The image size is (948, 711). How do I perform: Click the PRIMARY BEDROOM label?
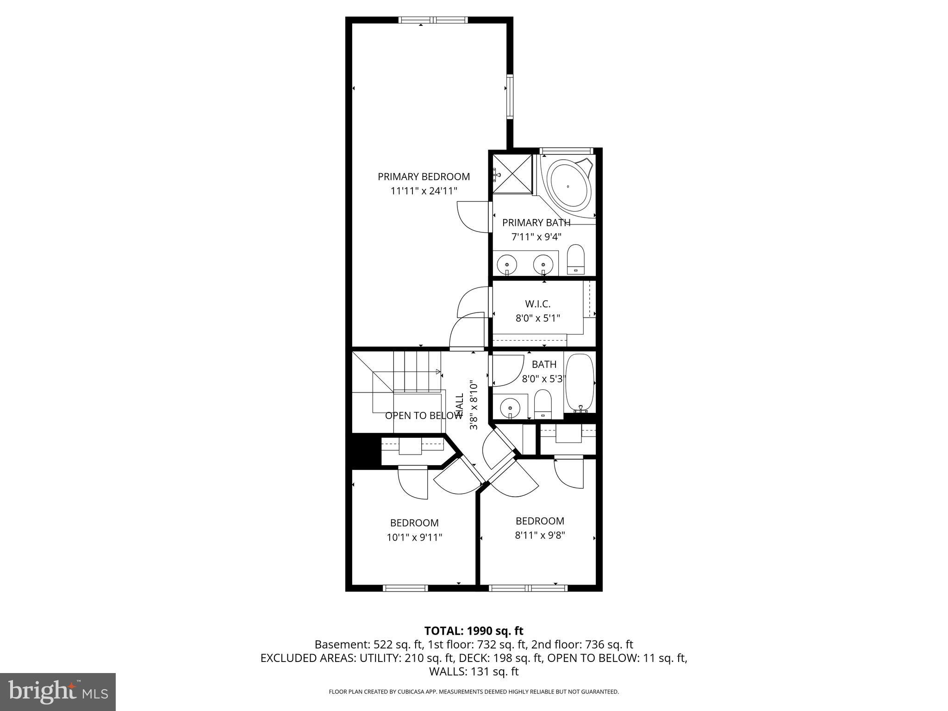point(424,176)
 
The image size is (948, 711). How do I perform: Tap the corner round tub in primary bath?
point(569,187)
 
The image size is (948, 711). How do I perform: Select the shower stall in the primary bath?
point(512,174)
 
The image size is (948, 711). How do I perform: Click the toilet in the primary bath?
point(576,259)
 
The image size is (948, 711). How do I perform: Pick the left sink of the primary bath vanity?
point(507,265)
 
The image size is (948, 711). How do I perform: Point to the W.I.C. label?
point(537,304)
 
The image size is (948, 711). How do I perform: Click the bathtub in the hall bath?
point(580,383)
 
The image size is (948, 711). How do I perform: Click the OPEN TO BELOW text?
point(424,416)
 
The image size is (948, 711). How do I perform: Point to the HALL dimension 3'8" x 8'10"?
point(474,405)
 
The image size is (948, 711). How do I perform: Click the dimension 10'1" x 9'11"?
point(414,537)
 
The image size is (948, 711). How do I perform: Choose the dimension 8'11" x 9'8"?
point(540,536)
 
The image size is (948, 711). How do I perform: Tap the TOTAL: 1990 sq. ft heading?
point(474,630)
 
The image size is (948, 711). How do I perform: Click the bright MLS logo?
point(58,692)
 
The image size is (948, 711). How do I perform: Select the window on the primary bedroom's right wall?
point(510,97)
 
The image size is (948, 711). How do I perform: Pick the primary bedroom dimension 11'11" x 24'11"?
point(424,190)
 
